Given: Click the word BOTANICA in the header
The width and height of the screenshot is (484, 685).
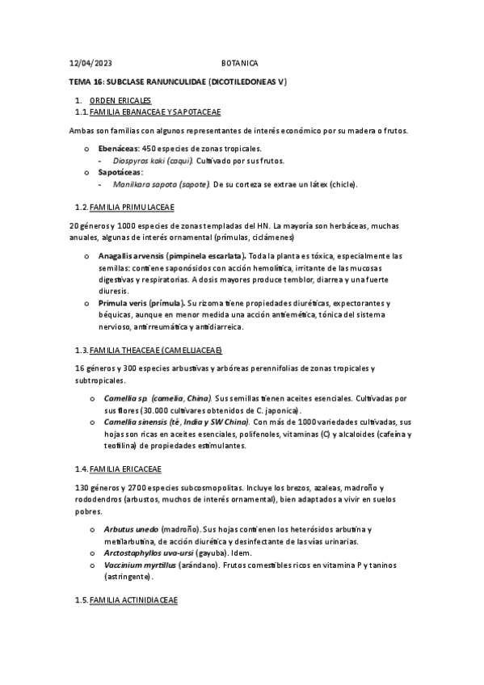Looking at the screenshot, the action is tap(240, 63).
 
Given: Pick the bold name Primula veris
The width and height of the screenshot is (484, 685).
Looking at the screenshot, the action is tap(122, 302).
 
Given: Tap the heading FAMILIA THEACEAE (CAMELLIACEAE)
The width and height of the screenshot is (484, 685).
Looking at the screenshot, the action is tap(156, 351).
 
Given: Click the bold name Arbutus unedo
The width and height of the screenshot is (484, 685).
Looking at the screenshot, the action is tap(131, 528).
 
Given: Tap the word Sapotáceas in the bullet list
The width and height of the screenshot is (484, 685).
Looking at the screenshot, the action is tap(120, 173).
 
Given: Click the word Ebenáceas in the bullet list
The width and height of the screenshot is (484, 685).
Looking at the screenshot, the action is tap(119, 149).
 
